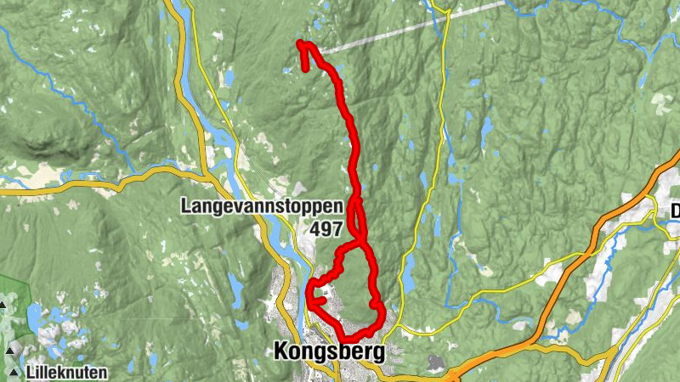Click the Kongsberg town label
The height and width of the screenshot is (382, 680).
pyautogui.click(x=328, y=351)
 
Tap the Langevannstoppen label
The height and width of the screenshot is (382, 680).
pyautogui.click(x=260, y=206)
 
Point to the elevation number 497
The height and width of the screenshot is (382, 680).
pyautogui.click(x=326, y=229)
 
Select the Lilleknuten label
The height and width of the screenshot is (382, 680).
pyautogui.click(x=66, y=372)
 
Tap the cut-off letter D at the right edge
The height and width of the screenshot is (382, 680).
pyautogui.click(x=675, y=210)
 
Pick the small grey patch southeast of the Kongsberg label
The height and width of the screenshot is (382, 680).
pyautogui.click(x=435, y=363)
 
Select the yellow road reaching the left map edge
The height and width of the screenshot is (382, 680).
pyautogui.click(x=34, y=190)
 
